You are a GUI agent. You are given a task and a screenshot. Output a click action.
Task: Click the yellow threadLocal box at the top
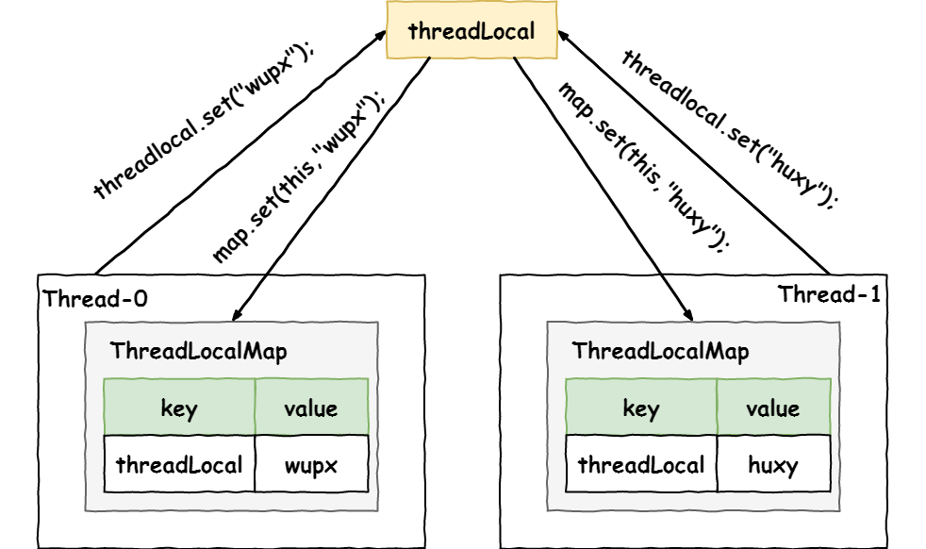pos(471,31)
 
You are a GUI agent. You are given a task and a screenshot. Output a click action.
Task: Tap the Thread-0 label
pos(95,299)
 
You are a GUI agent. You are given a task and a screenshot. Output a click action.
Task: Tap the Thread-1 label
pos(829,294)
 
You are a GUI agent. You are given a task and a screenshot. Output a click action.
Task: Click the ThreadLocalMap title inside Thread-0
pos(198,352)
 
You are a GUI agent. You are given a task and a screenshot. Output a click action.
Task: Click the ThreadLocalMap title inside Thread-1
pos(660,352)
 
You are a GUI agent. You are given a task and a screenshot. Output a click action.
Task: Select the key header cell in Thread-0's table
pos(179,408)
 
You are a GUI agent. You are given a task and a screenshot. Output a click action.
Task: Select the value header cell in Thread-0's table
pos(311,408)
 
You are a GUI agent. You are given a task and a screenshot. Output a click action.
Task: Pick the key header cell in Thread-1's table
pos(641,408)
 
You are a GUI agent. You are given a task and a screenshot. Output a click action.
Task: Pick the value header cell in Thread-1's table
pos(773,408)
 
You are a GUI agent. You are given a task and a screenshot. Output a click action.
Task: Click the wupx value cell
pos(311,464)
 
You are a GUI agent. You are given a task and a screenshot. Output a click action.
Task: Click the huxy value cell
pos(773,464)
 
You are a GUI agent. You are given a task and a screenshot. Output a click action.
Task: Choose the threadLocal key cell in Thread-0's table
pos(179,464)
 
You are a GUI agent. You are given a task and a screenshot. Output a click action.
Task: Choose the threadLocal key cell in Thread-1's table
pos(641,464)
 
